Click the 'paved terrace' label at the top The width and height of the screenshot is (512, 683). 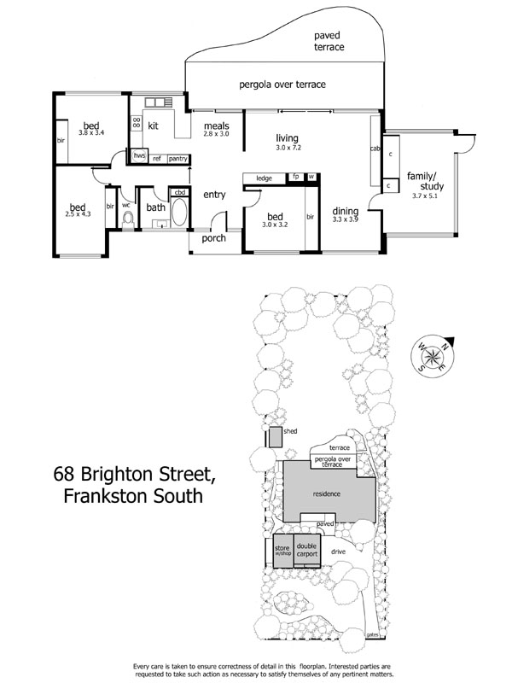[x=329, y=41]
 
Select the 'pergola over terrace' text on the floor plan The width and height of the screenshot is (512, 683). [x=282, y=85]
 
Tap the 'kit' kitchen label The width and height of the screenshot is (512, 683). [x=154, y=126]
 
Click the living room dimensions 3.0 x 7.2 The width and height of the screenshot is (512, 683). [x=288, y=148]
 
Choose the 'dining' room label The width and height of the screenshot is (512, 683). [x=346, y=211]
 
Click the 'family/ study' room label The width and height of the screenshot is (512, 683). [x=424, y=179]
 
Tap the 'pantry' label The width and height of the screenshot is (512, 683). [x=177, y=158]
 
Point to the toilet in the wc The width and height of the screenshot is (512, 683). [x=129, y=219]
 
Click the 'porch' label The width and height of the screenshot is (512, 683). [x=213, y=238]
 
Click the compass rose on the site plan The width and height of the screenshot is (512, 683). [x=434, y=356]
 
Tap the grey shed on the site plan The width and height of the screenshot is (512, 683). [x=276, y=437]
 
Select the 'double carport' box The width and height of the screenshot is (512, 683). [x=306, y=550]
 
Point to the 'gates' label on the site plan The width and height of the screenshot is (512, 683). [x=372, y=634]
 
